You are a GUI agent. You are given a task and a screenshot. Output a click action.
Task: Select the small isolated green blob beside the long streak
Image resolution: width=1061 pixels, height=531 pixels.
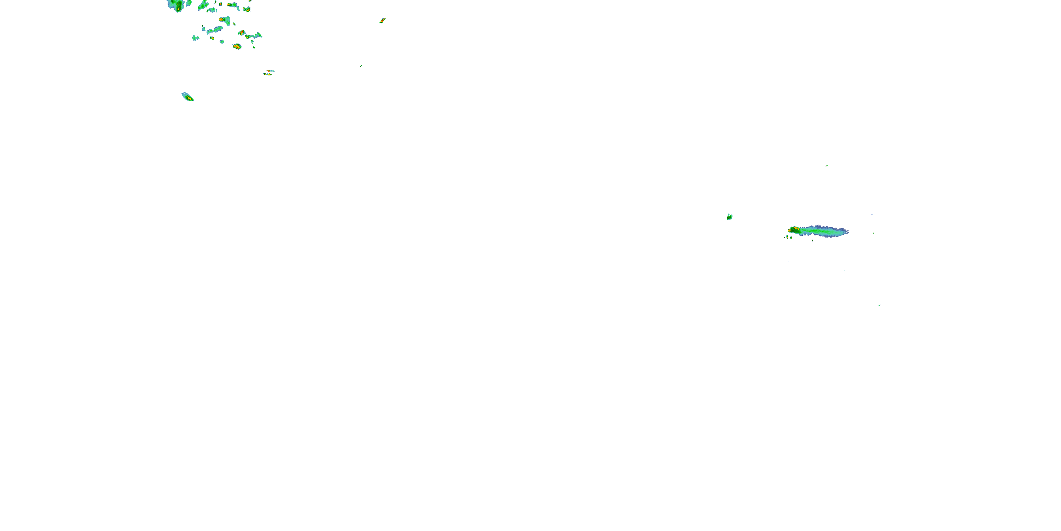[729, 217]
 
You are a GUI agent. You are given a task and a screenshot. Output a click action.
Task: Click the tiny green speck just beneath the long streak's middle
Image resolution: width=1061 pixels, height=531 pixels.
[812, 240]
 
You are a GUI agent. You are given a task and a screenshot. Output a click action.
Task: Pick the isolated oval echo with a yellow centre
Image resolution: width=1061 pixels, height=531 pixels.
[188, 97]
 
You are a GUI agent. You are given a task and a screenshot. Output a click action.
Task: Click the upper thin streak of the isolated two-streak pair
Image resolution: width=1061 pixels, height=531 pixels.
[270, 71]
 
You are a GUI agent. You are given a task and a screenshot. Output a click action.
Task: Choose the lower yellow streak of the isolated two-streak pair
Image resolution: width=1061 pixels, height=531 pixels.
[268, 74]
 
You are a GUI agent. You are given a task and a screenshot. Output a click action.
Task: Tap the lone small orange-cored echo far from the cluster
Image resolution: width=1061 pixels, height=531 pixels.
[382, 20]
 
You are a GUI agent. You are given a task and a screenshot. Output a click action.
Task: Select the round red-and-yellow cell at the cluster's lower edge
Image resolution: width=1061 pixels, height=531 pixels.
[237, 47]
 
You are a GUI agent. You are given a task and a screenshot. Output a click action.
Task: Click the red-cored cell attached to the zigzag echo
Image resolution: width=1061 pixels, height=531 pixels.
[242, 33]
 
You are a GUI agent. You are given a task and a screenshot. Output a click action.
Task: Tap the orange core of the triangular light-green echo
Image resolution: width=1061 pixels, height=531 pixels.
[221, 19]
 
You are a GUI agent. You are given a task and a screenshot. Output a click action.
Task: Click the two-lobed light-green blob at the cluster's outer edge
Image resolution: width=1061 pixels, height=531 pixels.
[196, 38]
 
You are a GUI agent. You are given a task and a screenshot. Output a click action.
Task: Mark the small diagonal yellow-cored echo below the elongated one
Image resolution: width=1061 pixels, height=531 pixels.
[212, 38]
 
